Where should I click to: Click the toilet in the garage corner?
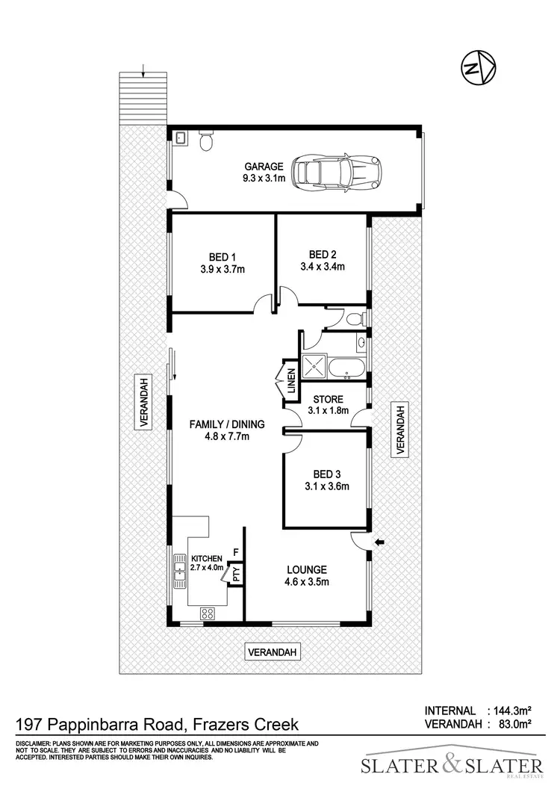pyautogui.click(x=207, y=140)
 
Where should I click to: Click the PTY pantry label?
pyautogui.click(x=236, y=574)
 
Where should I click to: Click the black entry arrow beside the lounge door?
pyautogui.click(x=380, y=542)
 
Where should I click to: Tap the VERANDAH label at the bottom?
pyautogui.click(x=273, y=652)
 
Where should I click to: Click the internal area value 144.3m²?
pyautogui.click(x=511, y=711)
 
